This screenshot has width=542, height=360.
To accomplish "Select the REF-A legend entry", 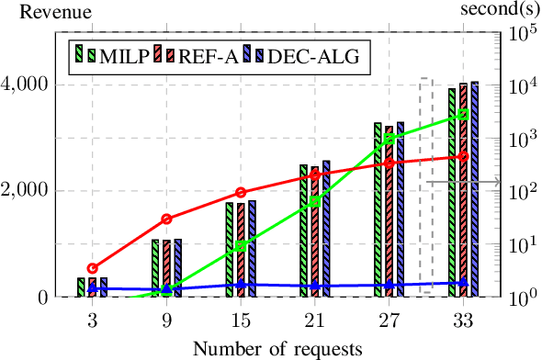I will click(x=194, y=57).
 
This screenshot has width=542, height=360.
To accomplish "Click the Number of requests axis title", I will click(x=271, y=348).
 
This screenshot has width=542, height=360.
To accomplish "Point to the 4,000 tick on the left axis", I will click(x=30, y=84).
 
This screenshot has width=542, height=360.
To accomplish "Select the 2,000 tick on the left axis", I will click(x=30, y=191).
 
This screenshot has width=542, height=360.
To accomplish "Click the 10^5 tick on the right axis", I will click(x=519, y=33).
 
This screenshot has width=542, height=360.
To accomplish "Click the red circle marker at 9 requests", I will click(x=166, y=219).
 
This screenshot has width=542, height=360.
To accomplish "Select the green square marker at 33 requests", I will click(x=464, y=114).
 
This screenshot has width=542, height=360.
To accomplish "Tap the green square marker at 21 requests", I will click(x=315, y=201).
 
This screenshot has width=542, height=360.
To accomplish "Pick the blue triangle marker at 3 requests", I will click(x=93, y=287).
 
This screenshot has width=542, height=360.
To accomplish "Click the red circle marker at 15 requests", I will click(x=241, y=192).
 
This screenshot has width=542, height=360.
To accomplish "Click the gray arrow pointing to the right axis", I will click(x=464, y=182).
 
